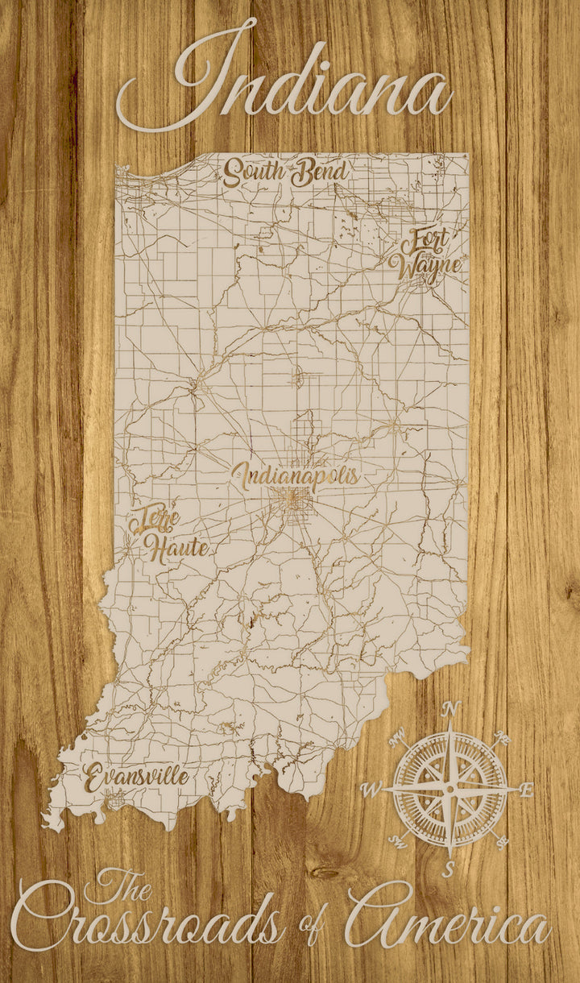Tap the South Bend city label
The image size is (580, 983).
(285, 172)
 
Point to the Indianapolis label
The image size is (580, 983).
(295, 475)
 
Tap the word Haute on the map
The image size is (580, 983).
(176, 549)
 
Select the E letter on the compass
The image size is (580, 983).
(526, 790)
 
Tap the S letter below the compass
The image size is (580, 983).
(450, 869)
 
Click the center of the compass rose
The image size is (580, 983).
(450, 788)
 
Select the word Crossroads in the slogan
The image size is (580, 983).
(149, 927)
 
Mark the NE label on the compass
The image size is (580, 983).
(502, 736)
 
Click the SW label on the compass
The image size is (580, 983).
(398, 842)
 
